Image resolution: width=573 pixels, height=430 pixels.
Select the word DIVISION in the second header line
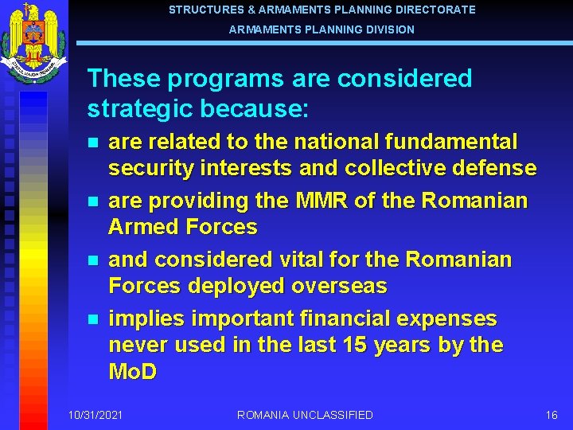point(389,29)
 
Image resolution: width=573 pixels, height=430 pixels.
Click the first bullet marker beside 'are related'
point(92,143)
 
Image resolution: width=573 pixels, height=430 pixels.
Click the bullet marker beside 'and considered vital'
point(92,260)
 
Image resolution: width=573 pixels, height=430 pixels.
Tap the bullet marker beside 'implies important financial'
point(92,319)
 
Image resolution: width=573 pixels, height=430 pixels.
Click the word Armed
point(142,227)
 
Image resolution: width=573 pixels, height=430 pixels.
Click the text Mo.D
point(132,371)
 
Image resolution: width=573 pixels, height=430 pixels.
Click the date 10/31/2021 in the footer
point(95,415)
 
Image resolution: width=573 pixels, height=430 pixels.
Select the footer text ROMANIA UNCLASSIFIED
point(305,415)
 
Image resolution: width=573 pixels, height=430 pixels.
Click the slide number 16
point(552,415)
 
